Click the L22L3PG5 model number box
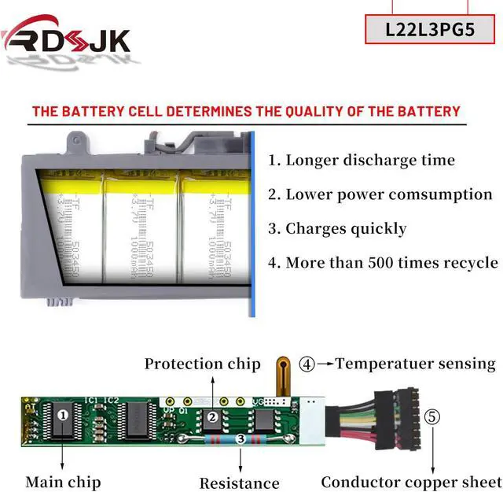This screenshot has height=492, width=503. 430,30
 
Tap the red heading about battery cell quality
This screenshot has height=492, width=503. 245,112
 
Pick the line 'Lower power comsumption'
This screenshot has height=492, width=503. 380,194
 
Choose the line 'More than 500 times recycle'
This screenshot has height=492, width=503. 383,263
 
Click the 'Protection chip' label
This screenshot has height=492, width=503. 202,364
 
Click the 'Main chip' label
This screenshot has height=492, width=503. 64,481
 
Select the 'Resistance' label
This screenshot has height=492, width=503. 239,483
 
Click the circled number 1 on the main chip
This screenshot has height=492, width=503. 64,412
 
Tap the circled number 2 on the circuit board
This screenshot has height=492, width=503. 212,417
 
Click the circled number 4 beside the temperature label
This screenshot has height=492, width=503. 307,364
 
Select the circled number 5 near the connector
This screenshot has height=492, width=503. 431,416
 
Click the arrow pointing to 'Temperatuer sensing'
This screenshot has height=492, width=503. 325,364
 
